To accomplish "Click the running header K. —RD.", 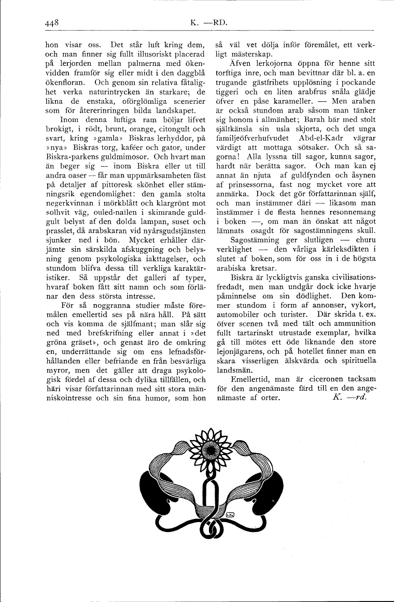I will tap(209, 22).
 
